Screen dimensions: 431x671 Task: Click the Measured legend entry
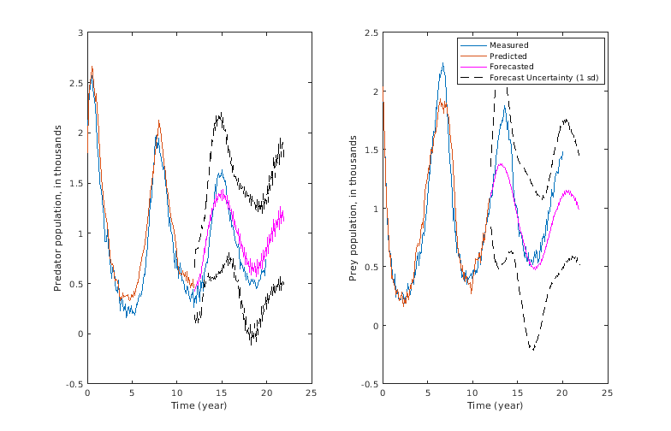508,44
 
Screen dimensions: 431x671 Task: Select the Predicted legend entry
509,56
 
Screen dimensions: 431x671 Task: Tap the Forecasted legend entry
512,67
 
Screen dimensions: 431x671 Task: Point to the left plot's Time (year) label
199,405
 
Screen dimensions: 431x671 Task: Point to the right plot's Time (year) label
495,405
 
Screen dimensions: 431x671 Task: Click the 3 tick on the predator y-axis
80,32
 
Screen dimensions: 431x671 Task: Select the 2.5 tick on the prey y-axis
372,32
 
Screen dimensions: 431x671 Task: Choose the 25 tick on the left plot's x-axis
311,393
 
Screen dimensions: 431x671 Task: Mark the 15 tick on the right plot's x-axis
517,393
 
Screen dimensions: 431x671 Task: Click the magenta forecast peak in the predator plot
223,191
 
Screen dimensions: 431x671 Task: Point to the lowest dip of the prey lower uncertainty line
531,349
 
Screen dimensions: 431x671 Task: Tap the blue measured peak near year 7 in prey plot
442,63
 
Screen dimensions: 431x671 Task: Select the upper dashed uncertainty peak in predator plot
220,114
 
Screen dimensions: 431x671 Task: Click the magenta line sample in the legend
473,67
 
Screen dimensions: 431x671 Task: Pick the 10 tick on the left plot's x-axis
176,393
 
